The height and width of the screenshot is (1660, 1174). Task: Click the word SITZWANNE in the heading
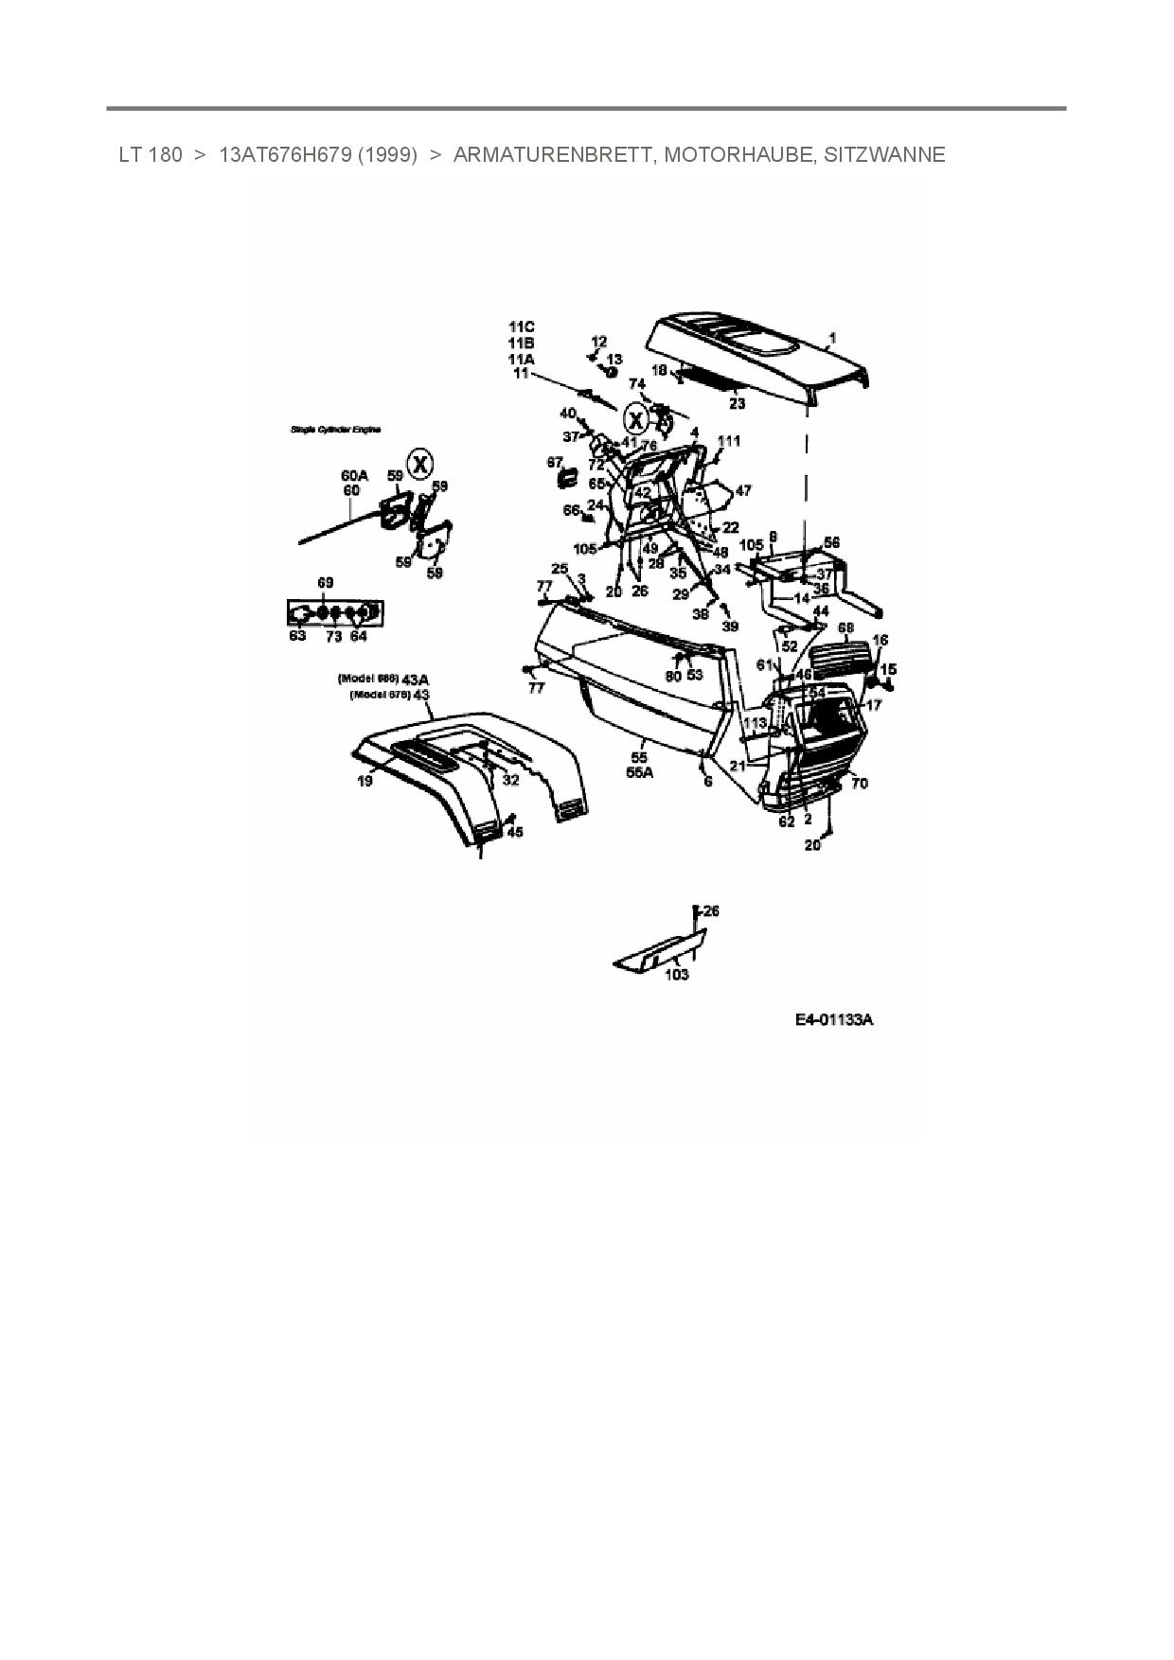(884, 155)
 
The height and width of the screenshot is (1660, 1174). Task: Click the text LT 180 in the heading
(151, 155)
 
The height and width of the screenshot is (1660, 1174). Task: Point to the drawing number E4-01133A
(833, 1020)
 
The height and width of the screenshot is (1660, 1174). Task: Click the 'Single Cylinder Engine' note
(336, 430)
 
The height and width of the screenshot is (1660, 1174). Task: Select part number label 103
(677, 975)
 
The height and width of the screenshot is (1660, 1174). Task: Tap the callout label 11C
(521, 327)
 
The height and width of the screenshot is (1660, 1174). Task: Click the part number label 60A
(354, 476)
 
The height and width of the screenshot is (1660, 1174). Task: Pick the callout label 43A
(415, 680)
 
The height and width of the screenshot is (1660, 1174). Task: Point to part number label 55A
(640, 772)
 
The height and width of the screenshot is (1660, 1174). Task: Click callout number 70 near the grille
(860, 784)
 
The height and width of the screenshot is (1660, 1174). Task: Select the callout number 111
(729, 441)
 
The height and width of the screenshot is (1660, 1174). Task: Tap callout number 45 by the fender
(514, 832)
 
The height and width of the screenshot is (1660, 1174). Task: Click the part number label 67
(555, 462)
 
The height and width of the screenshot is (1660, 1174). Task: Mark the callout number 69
(326, 583)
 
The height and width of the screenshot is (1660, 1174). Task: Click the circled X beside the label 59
(420, 465)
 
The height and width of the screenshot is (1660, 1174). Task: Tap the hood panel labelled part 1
(757, 360)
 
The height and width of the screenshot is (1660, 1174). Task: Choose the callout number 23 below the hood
(737, 404)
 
